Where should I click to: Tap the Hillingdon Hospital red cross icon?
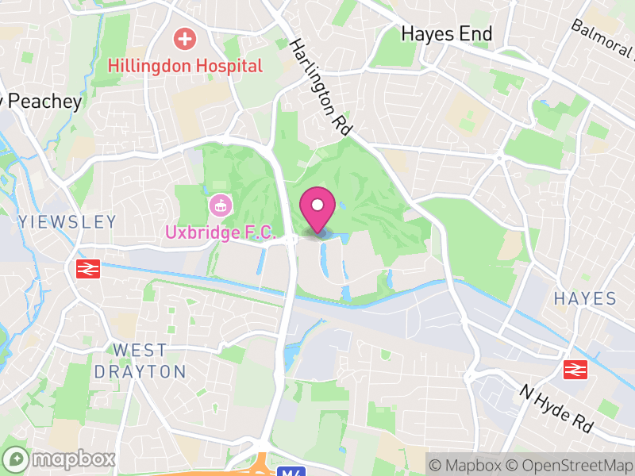[x=185, y=38]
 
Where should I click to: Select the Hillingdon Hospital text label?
[x=185, y=66]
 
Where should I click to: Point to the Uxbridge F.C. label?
[x=220, y=233]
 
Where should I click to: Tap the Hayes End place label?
[x=447, y=34]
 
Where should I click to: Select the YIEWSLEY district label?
[x=67, y=222]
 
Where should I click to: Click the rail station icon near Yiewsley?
[x=87, y=270]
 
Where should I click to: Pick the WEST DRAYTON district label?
[x=140, y=361]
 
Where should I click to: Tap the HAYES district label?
[x=585, y=299]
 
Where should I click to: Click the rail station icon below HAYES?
[x=575, y=369]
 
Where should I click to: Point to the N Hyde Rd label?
[x=556, y=409]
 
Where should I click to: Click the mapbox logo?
[x=60, y=459]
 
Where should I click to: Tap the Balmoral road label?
[x=605, y=40]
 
